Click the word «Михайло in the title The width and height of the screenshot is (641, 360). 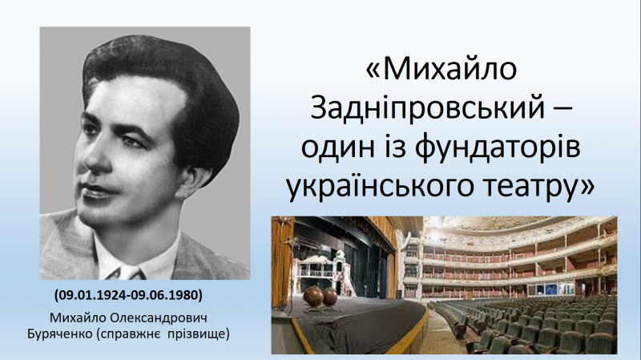click(x=441, y=68)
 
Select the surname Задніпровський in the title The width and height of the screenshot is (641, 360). click(x=428, y=107)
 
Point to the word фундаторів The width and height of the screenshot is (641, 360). click(x=498, y=148)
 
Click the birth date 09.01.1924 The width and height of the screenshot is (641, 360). click(x=91, y=294)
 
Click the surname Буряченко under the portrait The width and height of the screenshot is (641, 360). click(x=60, y=334)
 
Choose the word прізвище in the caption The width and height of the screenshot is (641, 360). click(x=198, y=334)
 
